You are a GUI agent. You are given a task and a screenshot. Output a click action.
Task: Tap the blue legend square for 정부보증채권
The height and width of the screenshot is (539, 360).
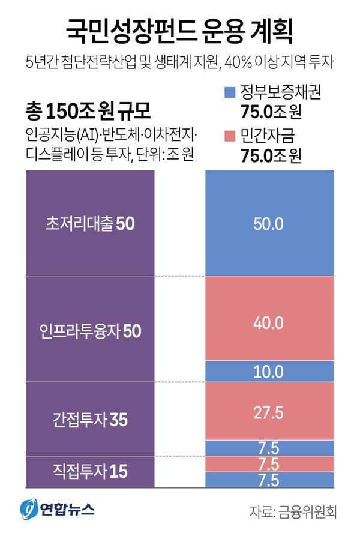[x=229, y=93]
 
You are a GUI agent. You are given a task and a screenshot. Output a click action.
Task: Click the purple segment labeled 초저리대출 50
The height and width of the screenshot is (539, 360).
[x=91, y=223]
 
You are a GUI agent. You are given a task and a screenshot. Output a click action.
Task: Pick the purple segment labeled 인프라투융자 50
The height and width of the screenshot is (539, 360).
[x=91, y=329]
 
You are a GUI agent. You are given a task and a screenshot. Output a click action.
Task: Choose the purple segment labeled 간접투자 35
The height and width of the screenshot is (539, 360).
[x=91, y=418]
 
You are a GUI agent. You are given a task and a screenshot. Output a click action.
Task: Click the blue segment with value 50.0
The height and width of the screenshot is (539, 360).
[x=269, y=223]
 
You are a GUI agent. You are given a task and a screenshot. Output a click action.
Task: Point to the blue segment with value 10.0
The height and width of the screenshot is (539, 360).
[x=269, y=372]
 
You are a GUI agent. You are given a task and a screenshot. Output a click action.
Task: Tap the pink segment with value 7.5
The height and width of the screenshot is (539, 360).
[x=269, y=463]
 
